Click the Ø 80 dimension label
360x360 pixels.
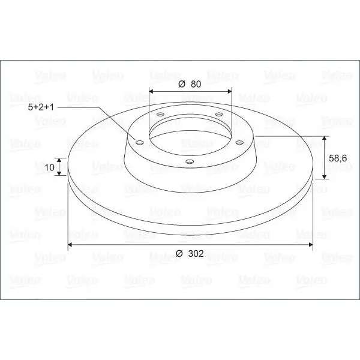[x=190, y=84]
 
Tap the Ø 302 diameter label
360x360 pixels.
[x=190, y=253]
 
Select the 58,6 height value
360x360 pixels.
[x=338, y=158]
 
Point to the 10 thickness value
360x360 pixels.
[x=49, y=167]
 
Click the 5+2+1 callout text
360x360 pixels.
[x=41, y=107]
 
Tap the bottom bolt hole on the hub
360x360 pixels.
[x=190, y=161]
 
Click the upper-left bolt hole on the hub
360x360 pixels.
[x=160, y=114]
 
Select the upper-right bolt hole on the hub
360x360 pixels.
[x=219, y=114]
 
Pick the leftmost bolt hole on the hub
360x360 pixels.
[x=140, y=143]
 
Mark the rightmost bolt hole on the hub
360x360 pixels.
[x=239, y=143]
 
